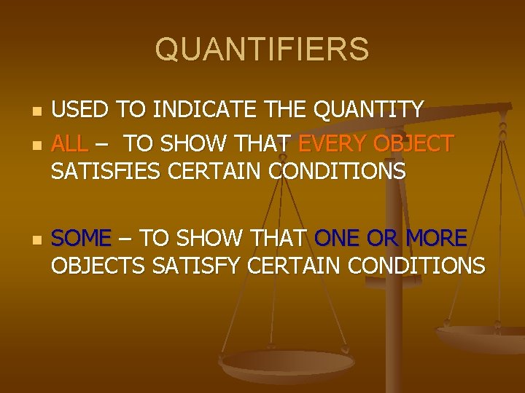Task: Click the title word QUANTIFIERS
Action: (x=262, y=50)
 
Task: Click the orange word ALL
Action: (x=69, y=143)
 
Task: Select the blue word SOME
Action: (x=82, y=238)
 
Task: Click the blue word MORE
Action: (x=437, y=238)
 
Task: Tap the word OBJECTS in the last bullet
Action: (x=98, y=266)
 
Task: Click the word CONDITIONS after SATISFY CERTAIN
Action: (x=416, y=266)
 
